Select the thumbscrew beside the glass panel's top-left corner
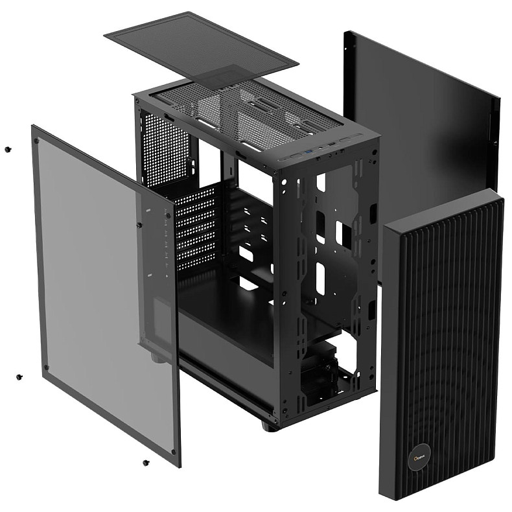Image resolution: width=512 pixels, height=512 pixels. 8,149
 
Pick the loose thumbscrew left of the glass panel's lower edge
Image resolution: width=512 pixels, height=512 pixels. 19,376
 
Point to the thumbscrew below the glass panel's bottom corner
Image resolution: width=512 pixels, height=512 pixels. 145,463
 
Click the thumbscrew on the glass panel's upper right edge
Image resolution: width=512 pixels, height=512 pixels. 139,225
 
